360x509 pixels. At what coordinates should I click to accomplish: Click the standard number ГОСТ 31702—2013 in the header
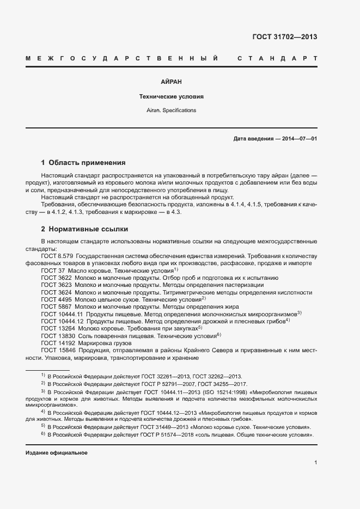[284, 37]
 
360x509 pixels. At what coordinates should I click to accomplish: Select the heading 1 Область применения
[83, 162]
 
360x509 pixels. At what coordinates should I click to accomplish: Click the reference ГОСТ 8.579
[57, 255]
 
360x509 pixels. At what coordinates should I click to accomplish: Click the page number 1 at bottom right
[315, 462]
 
